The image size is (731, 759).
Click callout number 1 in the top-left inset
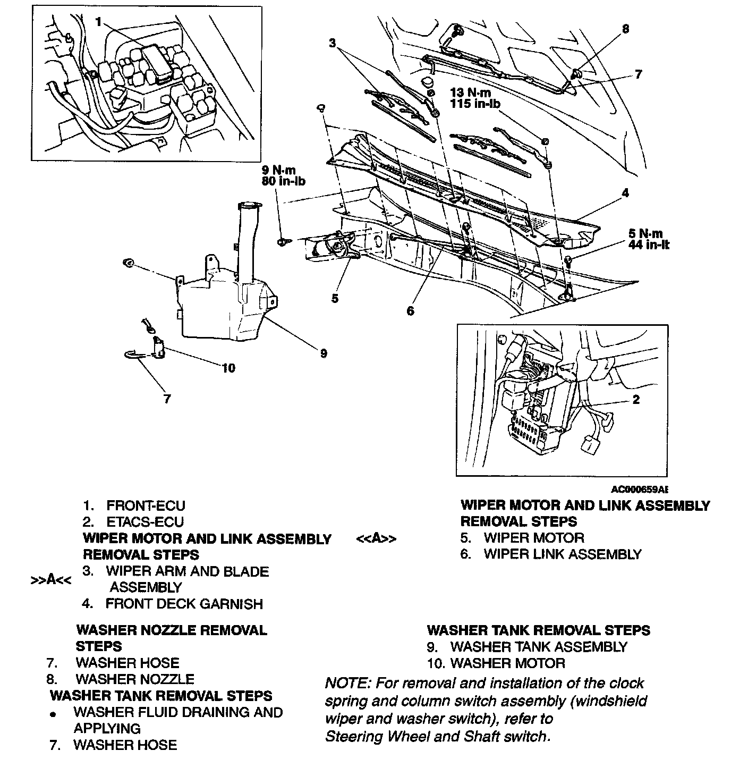[x=99, y=22]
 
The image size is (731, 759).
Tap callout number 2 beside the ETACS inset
[x=636, y=399]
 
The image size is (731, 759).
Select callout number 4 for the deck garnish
[x=625, y=193]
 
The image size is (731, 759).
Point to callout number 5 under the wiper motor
[x=335, y=298]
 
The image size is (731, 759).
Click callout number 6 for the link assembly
[x=410, y=311]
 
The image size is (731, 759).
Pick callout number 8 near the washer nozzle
[x=625, y=29]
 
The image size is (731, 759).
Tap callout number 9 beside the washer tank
[x=324, y=353]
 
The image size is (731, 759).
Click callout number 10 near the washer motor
[x=228, y=368]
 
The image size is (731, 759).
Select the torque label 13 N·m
[x=470, y=92]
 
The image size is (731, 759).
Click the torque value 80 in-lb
[x=283, y=181]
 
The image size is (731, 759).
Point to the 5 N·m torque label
[x=645, y=233]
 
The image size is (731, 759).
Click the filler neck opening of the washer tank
[x=248, y=205]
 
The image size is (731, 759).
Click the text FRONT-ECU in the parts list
[x=146, y=505]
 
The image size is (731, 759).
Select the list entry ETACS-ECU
[x=145, y=522]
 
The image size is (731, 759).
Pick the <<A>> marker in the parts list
[x=376, y=538]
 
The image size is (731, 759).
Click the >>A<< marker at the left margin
[x=50, y=579]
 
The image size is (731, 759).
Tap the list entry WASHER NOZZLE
[x=135, y=679]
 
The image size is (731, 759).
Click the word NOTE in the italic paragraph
[x=342, y=684]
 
